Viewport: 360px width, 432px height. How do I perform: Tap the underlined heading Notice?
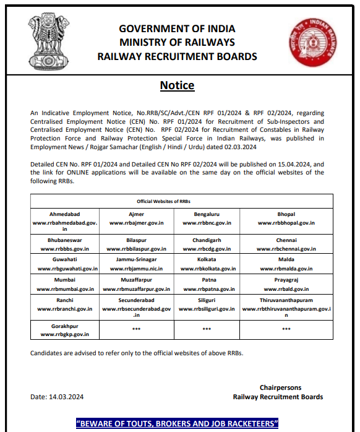tap(177, 85)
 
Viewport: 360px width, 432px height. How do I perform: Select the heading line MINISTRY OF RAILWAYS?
tap(177, 43)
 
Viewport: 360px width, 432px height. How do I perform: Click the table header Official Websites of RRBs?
tap(177, 202)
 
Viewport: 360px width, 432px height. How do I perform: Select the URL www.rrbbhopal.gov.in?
tap(286, 222)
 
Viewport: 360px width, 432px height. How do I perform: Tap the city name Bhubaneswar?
tap(65, 240)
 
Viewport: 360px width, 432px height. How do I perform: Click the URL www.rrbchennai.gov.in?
tap(286, 248)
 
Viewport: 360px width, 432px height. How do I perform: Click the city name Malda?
tap(286, 261)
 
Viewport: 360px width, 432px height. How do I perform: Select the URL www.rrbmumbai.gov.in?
tap(65, 289)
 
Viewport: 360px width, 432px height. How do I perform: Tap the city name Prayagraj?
tap(286, 280)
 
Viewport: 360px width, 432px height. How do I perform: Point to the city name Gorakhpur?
tap(65, 326)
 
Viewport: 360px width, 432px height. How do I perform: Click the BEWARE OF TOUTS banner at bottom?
tap(177, 424)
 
